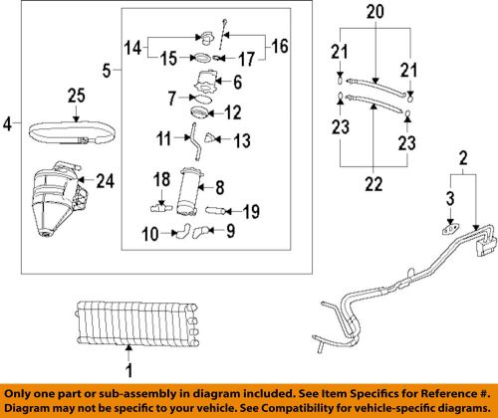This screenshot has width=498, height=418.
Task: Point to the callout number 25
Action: point(77,96)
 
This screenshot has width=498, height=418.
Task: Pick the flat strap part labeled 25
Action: point(68,129)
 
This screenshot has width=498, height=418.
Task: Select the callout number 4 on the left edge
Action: point(8,125)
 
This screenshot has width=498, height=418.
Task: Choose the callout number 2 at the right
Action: point(462,156)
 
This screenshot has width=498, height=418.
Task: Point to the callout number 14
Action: point(132,46)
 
